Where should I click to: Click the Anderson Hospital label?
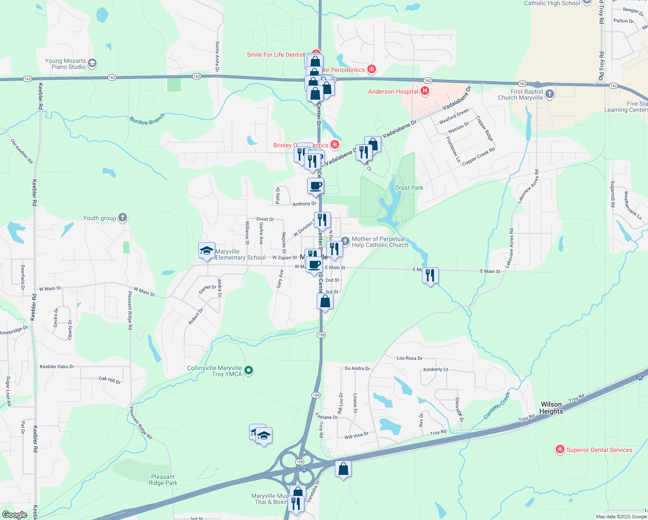click(x=393, y=91)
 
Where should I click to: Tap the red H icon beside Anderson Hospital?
click(x=425, y=91)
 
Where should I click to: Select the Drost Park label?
click(x=409, y=188)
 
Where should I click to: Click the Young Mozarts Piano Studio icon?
click(x=92, y=64)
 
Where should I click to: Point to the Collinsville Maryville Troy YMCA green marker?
click(x=249, y=370)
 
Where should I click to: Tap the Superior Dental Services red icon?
click(x=560, y=449)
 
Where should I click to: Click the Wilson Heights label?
click(x=551, y=408)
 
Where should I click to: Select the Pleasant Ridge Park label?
click(x=163, y=480)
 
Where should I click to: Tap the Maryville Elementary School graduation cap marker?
click(x=207, y=251)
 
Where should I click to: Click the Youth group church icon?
click(x=123, y=218)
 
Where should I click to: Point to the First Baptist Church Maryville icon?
click(x=549, y=94)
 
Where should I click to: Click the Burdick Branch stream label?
click(x=147, y=119)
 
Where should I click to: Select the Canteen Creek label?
click(x=497, y=405)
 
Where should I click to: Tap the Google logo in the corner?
click(x=14, y=514)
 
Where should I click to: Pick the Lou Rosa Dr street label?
click(x=409, y=358)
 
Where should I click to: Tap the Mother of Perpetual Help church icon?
click(x=345, y=240)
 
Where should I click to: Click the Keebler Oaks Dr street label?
click(x=57, y=367)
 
